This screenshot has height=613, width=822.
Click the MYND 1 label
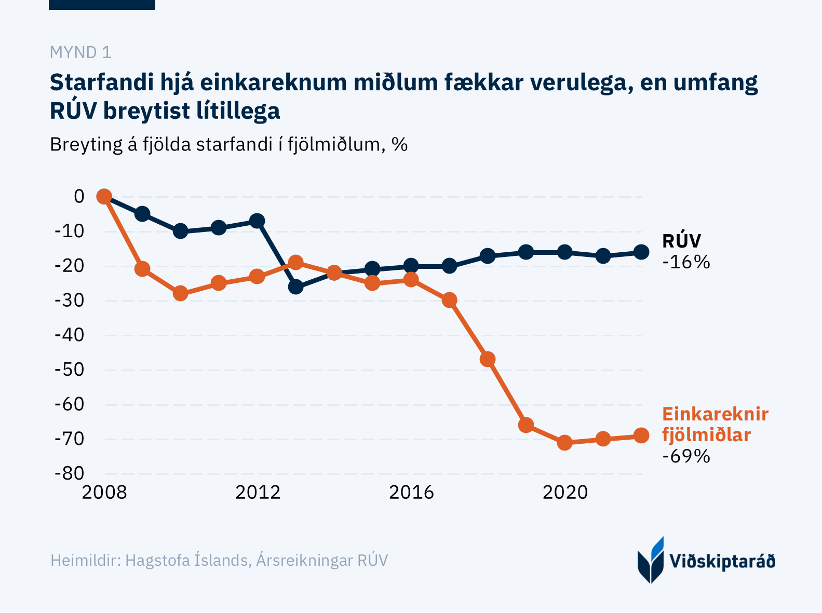(80, 52)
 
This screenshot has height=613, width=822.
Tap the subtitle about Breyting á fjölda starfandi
(228, 144)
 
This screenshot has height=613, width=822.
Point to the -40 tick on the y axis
(70, 335)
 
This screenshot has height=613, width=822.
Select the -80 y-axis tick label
(70, 473)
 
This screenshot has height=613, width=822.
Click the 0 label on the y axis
(79, 196)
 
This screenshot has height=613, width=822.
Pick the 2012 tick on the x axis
(258, 492)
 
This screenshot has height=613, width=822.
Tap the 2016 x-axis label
(411, 492)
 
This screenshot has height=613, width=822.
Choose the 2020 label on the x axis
(565, 492)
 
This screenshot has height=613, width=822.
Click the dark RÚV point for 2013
(295, 287)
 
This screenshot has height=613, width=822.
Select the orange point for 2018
(488, 359)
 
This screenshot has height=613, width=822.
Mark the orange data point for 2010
(180, 293)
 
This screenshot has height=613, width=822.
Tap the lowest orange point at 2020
(565, 443)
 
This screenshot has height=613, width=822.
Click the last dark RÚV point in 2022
(642, 252)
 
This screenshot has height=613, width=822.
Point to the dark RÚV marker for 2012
(257, 221)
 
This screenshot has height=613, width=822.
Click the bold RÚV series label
(681, 241)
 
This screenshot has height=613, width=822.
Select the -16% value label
(686, 262)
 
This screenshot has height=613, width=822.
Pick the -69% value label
(686, 456)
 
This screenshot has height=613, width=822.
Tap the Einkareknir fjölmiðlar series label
(715, 425)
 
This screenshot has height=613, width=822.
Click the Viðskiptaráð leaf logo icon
(651, 560)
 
